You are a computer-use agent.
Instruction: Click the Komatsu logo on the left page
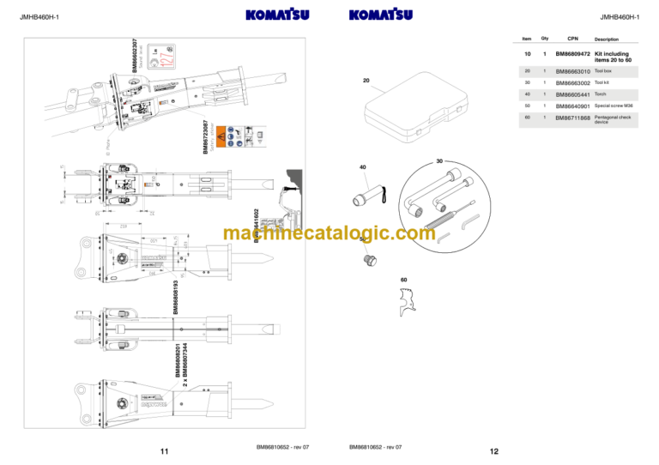pos(277,15)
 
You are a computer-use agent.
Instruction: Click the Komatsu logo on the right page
pos(381,15)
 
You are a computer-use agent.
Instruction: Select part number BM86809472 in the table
pos(572,54)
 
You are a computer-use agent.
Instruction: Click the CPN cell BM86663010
pos(572,71)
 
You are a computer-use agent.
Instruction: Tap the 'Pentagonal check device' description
pos(614,119)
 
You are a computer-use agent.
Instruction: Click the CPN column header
pos(572,39)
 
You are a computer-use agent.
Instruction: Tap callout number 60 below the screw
pos(404,280)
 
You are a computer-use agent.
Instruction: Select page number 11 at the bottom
pos(164,451)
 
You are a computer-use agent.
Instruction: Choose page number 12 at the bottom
pos(493,451)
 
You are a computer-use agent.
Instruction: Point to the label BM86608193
pos(176,296)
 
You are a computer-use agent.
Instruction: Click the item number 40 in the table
pos(527,94)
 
